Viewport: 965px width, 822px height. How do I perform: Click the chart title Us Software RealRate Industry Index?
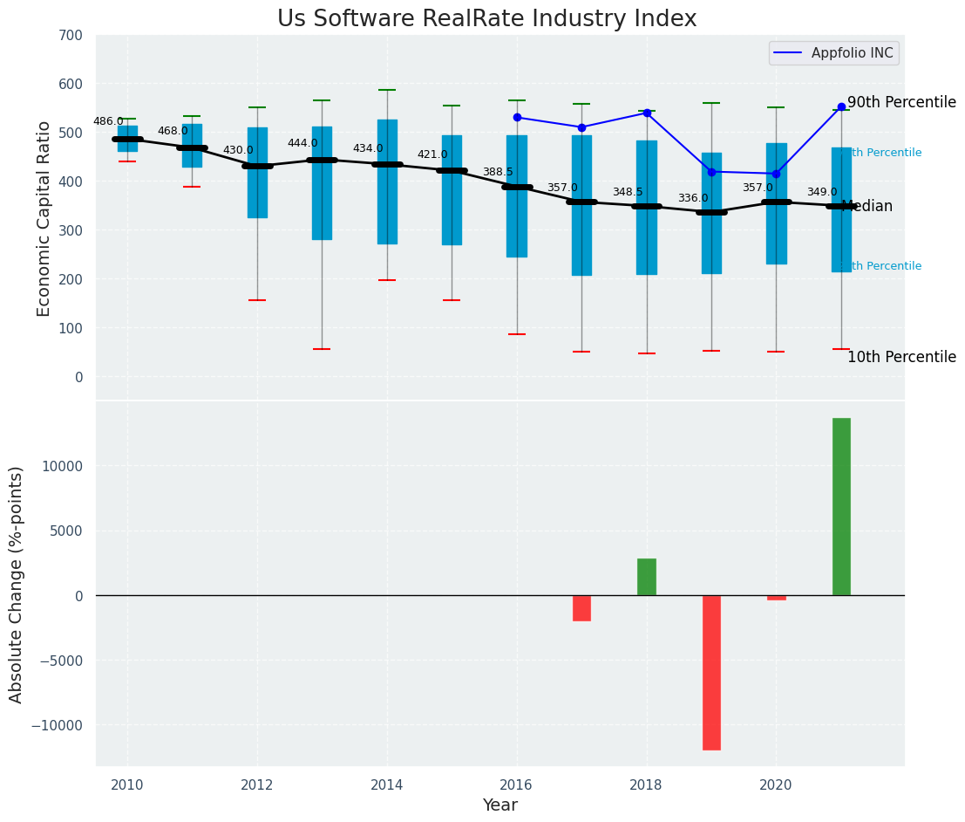[x=486, y=19]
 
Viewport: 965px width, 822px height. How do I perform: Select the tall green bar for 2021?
[x=841, y=506]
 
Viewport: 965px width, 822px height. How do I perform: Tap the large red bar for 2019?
[x=711, y=672]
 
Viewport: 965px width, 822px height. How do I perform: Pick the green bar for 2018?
[x=647, y=577]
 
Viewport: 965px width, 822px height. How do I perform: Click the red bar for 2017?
[x=581, y=608]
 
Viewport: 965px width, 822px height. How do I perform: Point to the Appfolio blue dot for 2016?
[x=517, y=117]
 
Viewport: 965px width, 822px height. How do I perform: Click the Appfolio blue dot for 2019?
[x=711, y=172]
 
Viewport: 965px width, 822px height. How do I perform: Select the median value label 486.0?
[x=108, y=121]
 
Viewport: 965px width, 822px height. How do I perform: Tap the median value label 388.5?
[x=498, y=172]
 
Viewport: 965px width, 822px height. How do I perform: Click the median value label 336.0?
[x=693, y=198]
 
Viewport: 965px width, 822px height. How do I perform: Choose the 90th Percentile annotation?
[x=901, y=103]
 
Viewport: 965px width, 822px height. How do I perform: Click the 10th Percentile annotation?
[x=901, y=358]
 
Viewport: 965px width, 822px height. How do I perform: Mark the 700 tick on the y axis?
[x=71, y=36]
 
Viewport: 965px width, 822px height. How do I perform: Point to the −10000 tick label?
[x=58, y=725]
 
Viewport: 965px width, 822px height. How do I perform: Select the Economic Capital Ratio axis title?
[x=44, y=218]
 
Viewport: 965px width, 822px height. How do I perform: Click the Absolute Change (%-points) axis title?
[x=17, y=584]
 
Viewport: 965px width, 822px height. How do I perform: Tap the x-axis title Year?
[x=500, y=805]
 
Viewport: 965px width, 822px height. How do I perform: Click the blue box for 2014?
[x=387, y=182]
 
